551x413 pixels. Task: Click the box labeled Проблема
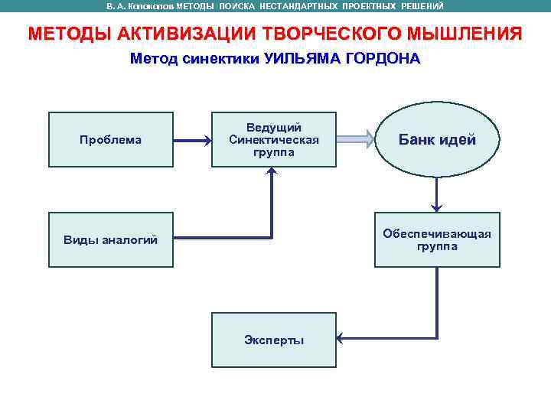(111, 139)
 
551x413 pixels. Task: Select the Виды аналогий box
(111, 239)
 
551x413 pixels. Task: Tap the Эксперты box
(274, 340)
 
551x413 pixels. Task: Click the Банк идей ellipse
(437, 140)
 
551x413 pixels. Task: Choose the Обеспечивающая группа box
(437, 239)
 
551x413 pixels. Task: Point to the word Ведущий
(274, 127)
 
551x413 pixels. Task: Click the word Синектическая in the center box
(274, 139)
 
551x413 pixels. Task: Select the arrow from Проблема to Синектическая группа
(192, 140)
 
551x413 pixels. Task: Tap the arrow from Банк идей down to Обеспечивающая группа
(437, 192)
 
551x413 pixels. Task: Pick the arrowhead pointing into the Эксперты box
(341, 339)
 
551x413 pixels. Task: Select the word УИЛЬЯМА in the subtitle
(301, 59)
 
